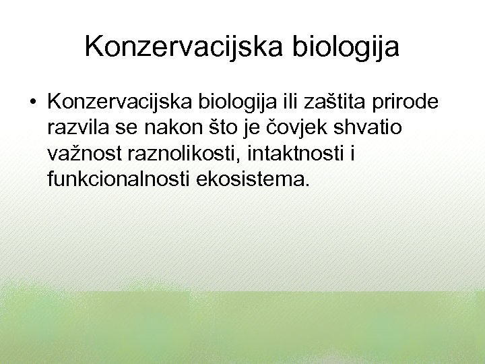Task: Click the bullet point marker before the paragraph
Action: point(32,102)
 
